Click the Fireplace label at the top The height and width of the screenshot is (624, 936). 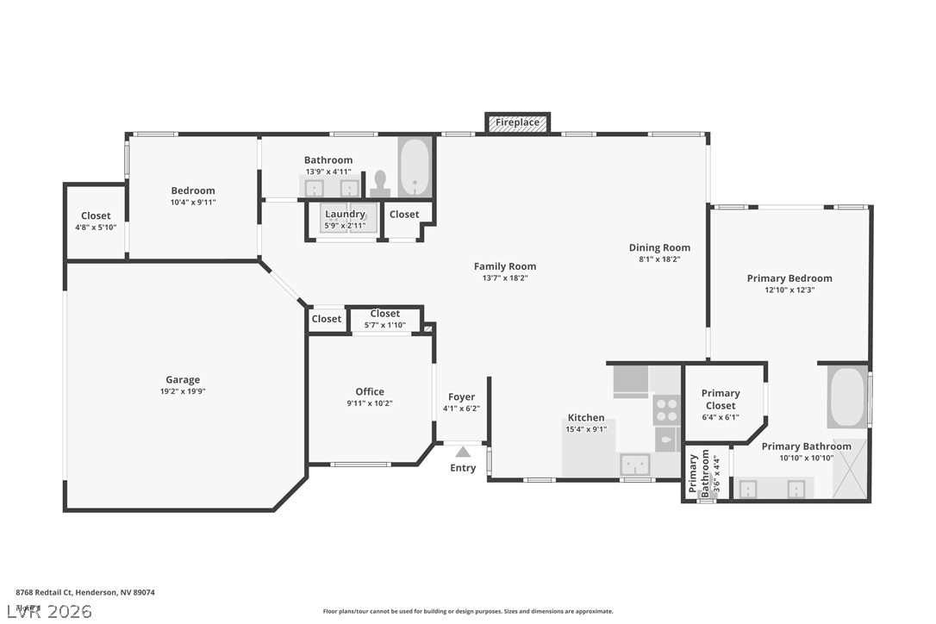point(517,122)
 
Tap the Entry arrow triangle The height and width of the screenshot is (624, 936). point(463,452)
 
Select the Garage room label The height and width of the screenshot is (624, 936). point(183,379)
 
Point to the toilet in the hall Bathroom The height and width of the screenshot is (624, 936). point(379,183)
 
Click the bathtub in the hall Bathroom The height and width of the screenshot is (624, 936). point(415,168)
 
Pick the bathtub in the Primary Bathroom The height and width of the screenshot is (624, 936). point(846,396)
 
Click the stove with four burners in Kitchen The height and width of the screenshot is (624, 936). point(665,409)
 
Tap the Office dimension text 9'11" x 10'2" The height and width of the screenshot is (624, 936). point(370,403)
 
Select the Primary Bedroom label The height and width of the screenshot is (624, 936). point(789,278)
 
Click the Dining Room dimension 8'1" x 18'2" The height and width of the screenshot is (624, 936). point(659,259)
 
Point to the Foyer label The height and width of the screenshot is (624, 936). point(461,397)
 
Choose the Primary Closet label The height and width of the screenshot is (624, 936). point(721,400)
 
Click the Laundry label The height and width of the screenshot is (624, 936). point(345,214)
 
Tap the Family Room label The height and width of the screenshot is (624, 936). point(505,266)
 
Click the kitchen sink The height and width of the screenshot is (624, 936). point(637,465)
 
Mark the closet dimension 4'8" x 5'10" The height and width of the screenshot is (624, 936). point(96,228)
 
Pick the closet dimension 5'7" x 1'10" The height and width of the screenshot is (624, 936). point(384,326)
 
